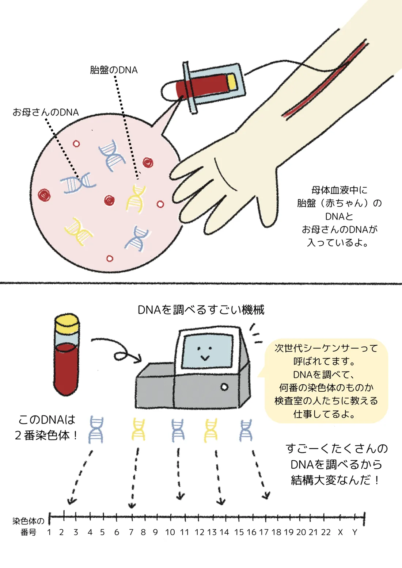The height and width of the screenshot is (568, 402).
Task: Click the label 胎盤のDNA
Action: (114, 70)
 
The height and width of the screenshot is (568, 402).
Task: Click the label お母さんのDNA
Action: (46, 112)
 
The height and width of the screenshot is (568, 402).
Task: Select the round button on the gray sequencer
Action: (224, 387)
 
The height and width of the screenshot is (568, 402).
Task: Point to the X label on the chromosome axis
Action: (340, 532)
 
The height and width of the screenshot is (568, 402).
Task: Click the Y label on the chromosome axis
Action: (354, 532)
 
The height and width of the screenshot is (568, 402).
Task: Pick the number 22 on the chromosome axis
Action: (326, 532)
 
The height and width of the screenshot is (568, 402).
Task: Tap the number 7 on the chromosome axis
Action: (131, 532)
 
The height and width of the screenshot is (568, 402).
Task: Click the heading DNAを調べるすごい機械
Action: (201, 310)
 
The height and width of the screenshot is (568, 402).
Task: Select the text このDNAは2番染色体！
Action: (46, 427)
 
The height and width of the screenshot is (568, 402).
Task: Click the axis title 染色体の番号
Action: (28, 526)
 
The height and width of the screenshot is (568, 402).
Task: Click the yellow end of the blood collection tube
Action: (232, 82)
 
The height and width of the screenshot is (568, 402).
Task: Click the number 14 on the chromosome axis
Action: (224, 532)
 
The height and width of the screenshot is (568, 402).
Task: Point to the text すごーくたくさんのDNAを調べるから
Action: (336, 456)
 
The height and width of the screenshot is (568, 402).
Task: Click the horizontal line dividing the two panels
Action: (201, 283)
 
